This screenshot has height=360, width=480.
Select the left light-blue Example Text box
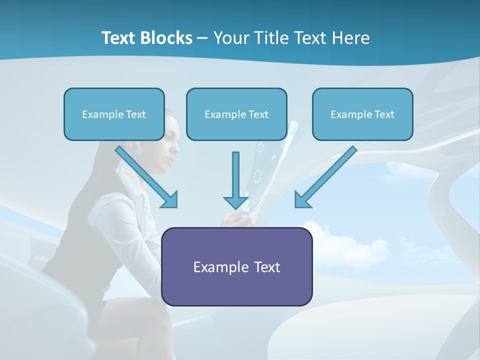pos(114,114)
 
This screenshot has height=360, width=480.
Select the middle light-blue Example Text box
pos(236,114)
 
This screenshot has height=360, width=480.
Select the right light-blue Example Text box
pos(362,114)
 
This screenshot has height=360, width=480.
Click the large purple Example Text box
pos(236,267)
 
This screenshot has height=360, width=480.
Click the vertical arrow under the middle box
pos(236,175)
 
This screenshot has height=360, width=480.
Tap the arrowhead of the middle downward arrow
pos(236,202)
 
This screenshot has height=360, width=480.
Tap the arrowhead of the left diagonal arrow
pos(170,200)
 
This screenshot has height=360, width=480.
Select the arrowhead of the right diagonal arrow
pos(302,200)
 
